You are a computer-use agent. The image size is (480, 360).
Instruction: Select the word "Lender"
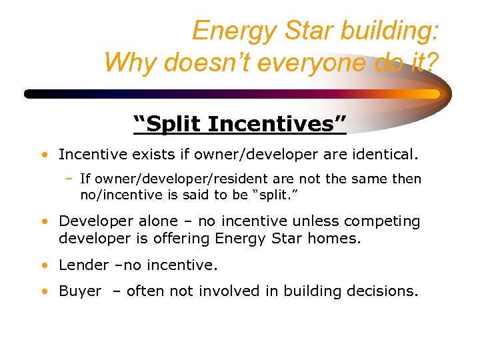[83, 265]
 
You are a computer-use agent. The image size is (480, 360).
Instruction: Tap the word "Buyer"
[80, 291]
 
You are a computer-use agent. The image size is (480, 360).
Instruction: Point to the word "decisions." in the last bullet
[383, 291]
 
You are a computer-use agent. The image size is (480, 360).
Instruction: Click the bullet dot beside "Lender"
[43, 265]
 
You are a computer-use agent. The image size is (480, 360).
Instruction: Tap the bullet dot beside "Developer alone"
[43, 221]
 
